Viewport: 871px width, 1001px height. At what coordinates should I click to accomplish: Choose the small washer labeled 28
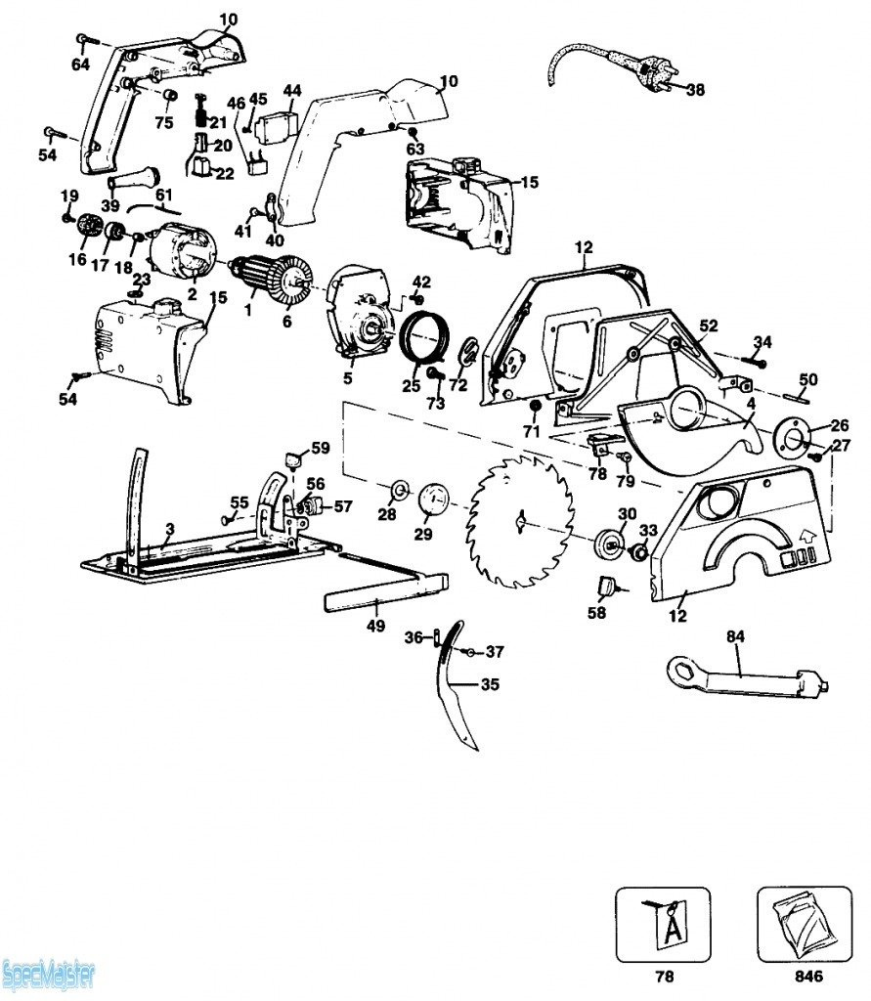399,488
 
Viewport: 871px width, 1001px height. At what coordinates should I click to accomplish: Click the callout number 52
709,326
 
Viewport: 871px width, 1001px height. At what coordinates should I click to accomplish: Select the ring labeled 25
427,338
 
